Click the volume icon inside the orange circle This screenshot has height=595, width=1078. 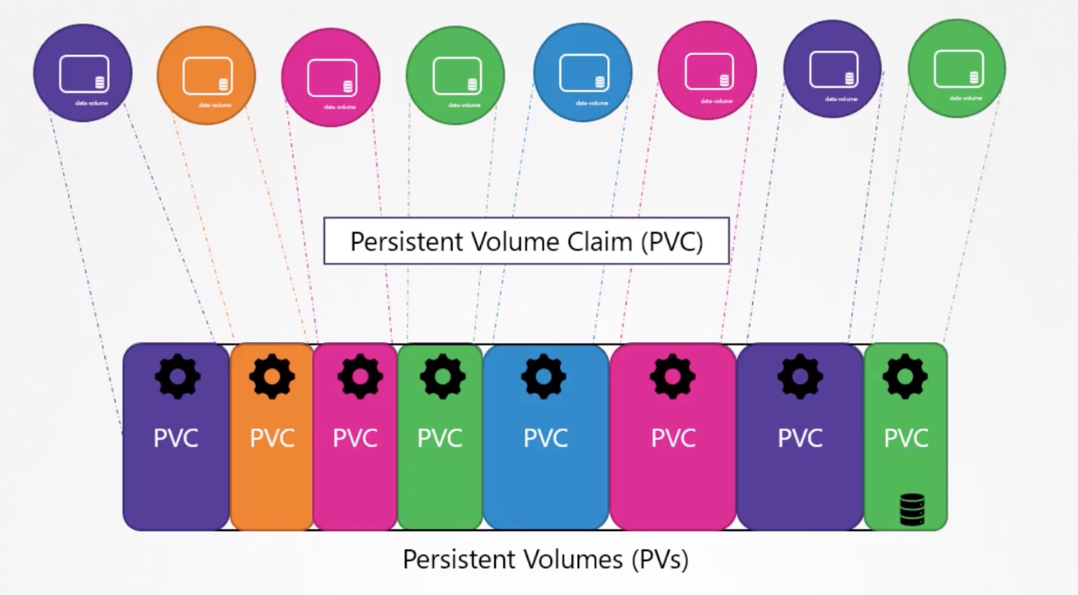coord(206,75)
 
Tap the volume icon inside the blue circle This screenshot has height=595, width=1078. coord(583,72)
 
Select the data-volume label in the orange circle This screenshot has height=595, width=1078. coord(215,105)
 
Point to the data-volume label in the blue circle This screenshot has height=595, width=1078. coord(591,103)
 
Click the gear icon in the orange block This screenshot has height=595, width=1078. coord(272,376)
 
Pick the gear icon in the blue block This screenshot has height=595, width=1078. coord(544,376)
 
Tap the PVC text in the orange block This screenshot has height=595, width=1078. coord(272,438)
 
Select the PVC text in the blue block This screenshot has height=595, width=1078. coord(546,438)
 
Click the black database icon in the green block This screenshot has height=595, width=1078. coord(912,509)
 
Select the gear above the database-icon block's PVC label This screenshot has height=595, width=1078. coord(905,376)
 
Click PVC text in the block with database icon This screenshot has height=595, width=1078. coord(906,438)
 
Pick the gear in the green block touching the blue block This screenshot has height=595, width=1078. coord(442,376)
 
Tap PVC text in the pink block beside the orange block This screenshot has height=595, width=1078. coord(355,438)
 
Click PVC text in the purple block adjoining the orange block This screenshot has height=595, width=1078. coord(176,438)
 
